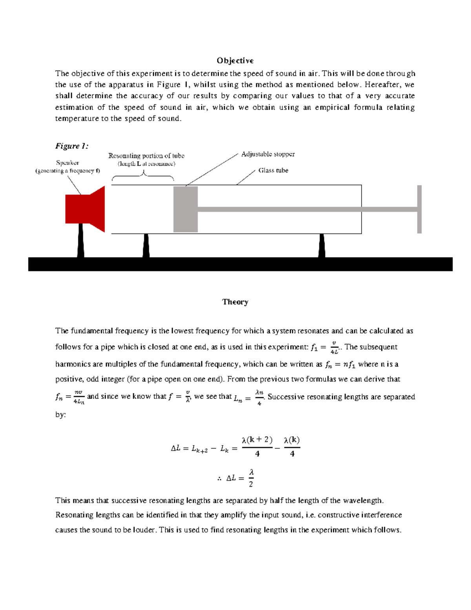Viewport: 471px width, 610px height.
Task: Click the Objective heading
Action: point(235,60)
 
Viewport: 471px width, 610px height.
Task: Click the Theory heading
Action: point(235,302)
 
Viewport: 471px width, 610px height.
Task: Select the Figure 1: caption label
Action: point(72,146)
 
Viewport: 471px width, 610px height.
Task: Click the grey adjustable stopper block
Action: point(185,209)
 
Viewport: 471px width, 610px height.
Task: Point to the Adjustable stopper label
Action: point(268,154)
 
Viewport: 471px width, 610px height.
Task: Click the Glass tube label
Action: point(273,170)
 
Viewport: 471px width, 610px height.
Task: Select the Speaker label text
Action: point(68,163)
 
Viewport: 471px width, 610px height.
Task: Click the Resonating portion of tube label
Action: point(146,156)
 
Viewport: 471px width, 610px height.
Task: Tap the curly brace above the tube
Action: point(143,176)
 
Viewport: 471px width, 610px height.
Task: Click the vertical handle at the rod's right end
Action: point(419,209)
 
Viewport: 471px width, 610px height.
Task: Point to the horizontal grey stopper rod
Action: point(306,209)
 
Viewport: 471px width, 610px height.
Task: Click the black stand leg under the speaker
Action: point(81,240)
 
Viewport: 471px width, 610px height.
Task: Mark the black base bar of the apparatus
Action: point(240,264)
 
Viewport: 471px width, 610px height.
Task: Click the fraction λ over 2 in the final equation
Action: point(251,478)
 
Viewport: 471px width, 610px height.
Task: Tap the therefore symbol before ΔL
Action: point(219,478)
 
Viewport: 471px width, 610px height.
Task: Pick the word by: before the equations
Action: point(60,414)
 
